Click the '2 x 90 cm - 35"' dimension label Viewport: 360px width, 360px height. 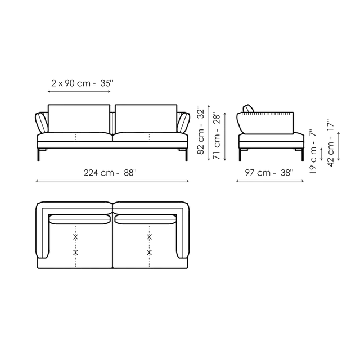click(82, 83)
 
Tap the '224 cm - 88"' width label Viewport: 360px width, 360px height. click(110, 173)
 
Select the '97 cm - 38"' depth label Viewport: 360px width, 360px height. click(269, 173)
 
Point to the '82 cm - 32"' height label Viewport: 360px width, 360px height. click(201, 130)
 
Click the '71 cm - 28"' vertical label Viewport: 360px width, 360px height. click(217, 136)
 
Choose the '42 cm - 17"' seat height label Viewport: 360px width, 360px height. click(330, 143)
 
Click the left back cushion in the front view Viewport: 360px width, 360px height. click(79, 119)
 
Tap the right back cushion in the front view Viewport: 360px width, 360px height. click(146, 119)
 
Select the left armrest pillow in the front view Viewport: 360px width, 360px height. click(41, 123)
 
